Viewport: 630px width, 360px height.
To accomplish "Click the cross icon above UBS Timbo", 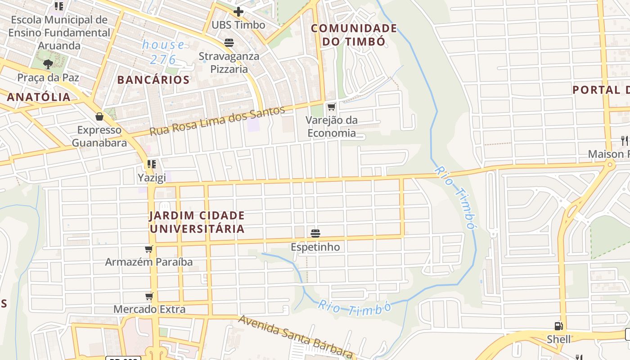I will point(238,12).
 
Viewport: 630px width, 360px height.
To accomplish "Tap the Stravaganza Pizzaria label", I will point(229,63).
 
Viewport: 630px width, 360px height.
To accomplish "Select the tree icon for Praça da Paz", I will point(48,64).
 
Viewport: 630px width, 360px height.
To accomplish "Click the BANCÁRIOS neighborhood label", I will point(153,80).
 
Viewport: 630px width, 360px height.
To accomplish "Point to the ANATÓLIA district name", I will point(39,97).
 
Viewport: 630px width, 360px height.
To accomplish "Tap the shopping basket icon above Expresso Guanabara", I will point(99,117).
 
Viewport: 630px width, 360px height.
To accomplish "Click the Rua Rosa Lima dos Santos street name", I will point(217,121).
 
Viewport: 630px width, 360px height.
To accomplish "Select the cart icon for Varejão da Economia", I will point(332,107).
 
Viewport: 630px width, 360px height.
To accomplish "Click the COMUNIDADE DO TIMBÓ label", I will point(354,35).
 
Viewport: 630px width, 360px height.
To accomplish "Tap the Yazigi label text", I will point(152,178).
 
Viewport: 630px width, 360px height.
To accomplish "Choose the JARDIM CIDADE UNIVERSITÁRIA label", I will point(197,222).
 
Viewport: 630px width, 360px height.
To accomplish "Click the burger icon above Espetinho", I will point(315,234).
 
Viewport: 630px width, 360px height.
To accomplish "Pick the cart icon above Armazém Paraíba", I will point(149,249).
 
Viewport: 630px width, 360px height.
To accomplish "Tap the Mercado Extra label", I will point(149,309).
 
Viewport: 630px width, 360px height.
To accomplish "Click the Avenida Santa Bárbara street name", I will point(295,335).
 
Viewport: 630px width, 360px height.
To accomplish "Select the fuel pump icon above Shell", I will point(558,326).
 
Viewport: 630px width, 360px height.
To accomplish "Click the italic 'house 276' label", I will point(163,52).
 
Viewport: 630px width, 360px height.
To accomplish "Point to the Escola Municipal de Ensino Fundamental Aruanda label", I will point(59,33).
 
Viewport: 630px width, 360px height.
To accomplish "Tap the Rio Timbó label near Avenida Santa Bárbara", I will point(354,308).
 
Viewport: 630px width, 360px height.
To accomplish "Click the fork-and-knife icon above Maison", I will point(624,140).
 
